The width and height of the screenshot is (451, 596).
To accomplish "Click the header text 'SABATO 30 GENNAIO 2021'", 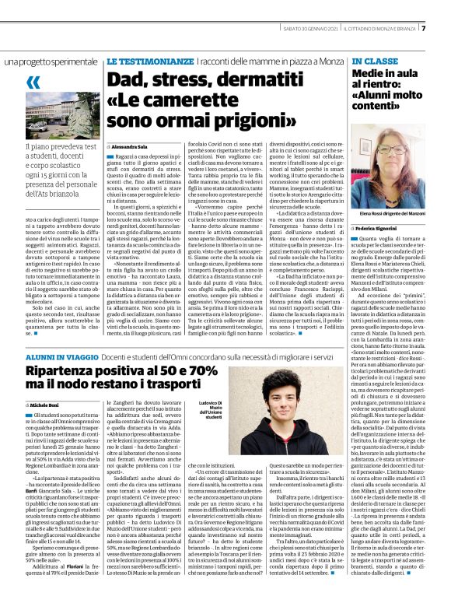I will point(309,29).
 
